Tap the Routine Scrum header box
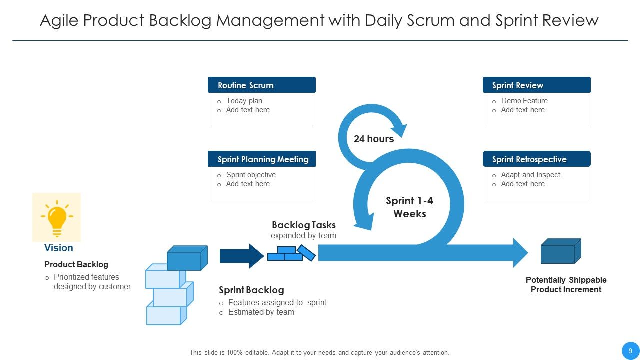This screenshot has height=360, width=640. click(x=261, y=85)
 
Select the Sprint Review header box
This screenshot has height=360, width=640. click(x=536, y=85)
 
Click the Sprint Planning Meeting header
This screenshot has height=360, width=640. click(x=261, y=159)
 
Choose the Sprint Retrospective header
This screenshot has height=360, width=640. click(x=536, y=159)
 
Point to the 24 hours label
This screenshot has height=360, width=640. click(x=374, y=139)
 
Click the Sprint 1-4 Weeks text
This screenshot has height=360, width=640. click(x=409, y=207)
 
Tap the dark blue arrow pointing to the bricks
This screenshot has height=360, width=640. click(x=241, y=256)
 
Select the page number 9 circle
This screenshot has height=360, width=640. click(x=630, y=351)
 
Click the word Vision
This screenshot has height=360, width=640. click(x=58, y=248)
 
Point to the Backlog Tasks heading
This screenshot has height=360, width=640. click(x=303, y=225)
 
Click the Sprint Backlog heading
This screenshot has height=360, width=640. click(x=251, y=290)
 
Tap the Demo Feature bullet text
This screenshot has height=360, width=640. click(x=524, y=101)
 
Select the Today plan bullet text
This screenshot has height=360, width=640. click(x=244, y=101)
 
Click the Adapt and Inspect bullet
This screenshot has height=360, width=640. click(x=530, y=175)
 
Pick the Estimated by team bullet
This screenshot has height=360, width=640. click(x=261, y=312)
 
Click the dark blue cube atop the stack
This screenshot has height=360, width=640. click(x=186, y=258)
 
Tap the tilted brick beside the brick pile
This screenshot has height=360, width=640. click(x=306, y=253)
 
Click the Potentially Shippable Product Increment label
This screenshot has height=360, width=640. click(x=566, y=285)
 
